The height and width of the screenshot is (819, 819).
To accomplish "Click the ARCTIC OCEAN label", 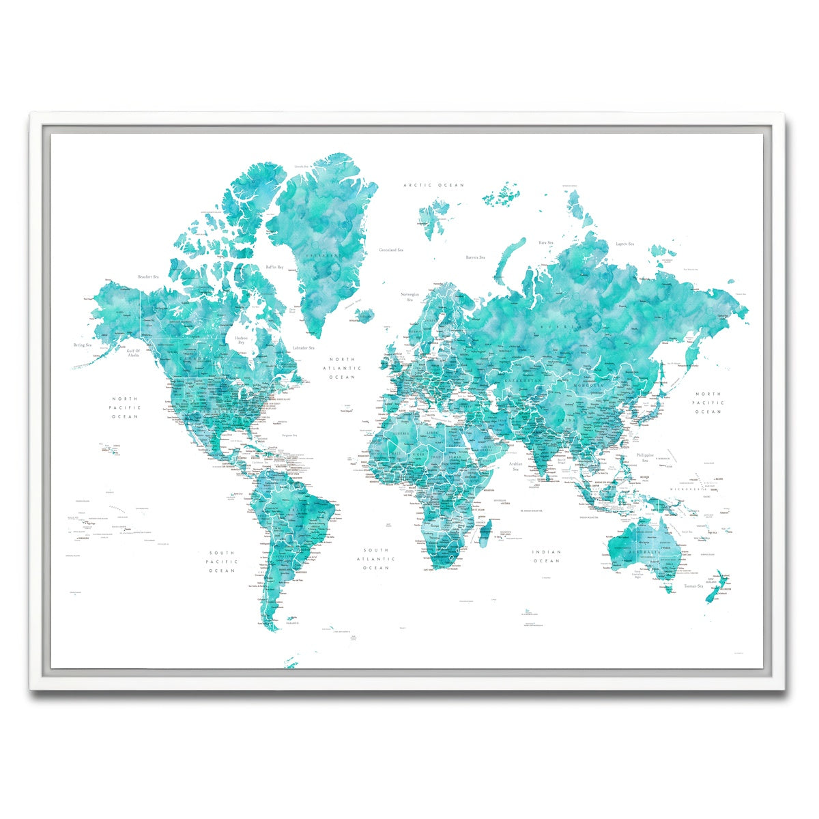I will click(x=433, y=185).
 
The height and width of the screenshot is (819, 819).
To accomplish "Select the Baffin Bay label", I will click(x=275, y=267).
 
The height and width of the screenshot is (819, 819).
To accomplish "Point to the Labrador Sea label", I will click(x=303, y=348).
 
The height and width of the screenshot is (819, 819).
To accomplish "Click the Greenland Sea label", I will click(x=391, y=250).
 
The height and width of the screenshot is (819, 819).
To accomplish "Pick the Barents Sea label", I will click(x=475, y=257).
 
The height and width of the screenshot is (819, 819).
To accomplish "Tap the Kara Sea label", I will click(x=545, y=242).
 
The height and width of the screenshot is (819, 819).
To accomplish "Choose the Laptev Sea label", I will click(x=625, y=244).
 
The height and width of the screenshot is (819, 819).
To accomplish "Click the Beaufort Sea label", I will click(x=148, y=276).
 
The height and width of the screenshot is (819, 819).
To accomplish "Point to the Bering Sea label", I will click(x=83, y=345).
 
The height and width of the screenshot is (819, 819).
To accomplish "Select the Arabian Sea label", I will click(x=515, y=466).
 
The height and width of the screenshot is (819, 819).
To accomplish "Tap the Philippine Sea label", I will click(x=645, y=457).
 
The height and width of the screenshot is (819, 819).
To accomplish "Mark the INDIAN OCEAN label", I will click(x=547, y=556).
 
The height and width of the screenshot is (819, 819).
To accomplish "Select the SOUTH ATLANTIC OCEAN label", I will click(x=376, y=558).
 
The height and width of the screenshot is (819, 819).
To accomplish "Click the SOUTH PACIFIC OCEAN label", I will click(x=222, y=562).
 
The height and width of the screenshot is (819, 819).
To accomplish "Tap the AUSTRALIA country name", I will click(x=648, y=551).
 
